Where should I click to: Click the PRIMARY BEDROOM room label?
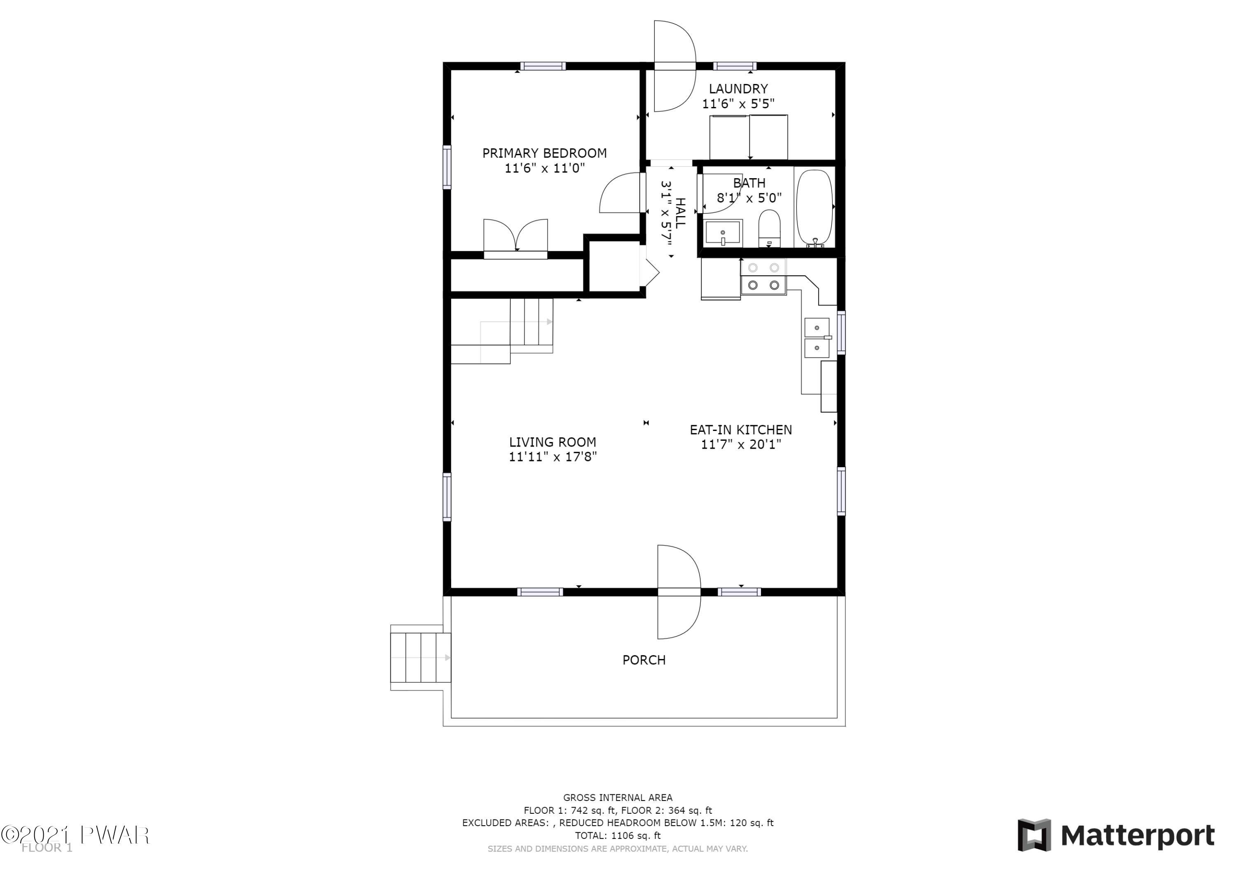(544, 153)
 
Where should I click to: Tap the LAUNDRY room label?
(738, 89)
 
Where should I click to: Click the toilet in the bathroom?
(769, 228)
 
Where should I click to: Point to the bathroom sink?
(723, 233)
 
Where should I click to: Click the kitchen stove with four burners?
(763, 277)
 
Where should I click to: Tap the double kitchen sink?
(817, 338)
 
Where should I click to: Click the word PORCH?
(644, 660)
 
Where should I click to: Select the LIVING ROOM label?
(552, 442)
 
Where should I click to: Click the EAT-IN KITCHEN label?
(741, 430)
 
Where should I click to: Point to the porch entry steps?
(420, 657)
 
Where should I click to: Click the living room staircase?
(502, 331)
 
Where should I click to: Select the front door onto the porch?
(679, 592)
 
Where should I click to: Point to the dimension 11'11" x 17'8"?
(553, 457)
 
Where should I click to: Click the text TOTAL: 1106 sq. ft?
(618, 836)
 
